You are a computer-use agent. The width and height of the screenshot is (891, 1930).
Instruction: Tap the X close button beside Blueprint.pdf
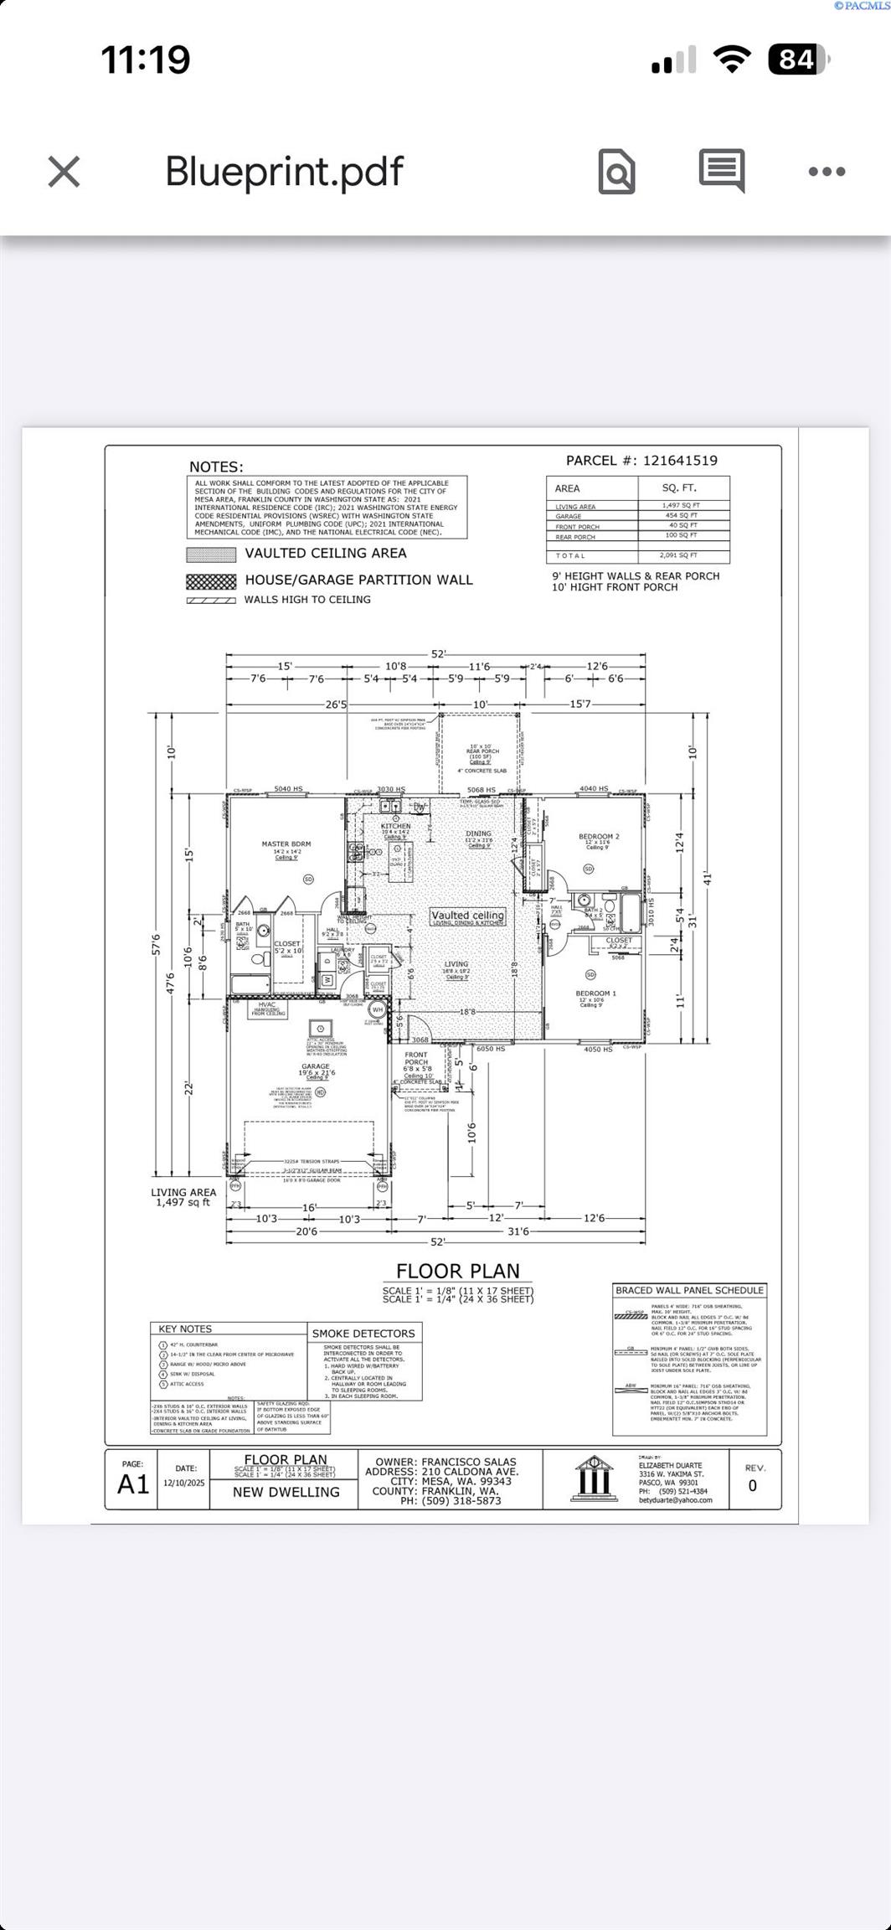64,172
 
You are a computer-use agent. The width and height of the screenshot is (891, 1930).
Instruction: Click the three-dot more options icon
827,172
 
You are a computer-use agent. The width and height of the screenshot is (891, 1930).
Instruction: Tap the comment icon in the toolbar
722,171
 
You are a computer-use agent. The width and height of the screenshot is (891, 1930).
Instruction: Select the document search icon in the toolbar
616,172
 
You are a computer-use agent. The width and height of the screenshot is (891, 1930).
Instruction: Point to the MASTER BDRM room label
286,844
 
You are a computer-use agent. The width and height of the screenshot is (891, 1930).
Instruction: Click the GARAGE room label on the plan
316,1067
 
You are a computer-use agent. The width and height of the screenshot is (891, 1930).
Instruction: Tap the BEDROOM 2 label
599,837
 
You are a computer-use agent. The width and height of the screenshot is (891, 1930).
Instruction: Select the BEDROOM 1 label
595,993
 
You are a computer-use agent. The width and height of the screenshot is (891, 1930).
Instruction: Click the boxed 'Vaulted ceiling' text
467,916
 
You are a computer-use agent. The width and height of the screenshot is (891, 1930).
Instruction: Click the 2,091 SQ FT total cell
679,555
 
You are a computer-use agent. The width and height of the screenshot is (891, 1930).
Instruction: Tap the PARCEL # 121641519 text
641,461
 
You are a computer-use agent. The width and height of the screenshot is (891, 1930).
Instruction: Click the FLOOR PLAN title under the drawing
457,1271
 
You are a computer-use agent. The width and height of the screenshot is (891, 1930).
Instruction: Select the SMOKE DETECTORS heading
363,1334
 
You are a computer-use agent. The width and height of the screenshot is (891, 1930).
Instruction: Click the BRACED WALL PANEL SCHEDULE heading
689,1290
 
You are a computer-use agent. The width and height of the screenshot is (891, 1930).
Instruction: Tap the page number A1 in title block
133,1484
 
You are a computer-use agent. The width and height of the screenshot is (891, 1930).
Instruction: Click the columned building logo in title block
592,1480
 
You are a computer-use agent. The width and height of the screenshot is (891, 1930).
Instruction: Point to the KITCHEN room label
395,827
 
